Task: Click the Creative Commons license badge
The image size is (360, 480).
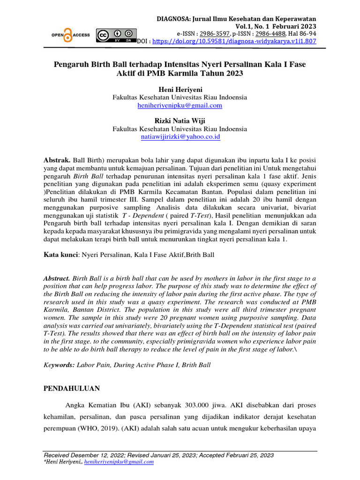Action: (x=116, y=36)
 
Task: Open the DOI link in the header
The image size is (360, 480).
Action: (x=232, y=42)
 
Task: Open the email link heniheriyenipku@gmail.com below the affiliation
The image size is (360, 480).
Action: (x=180, y=105)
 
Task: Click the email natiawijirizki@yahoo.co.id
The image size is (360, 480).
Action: (x=180, y=137)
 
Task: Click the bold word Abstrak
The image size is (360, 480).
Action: (x=57, y=160)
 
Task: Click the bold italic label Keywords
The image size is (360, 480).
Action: (x=59, y=365)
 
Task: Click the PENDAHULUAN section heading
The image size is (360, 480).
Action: (x=72, y=389)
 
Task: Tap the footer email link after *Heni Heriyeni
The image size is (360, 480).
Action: (x=124, y=462)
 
